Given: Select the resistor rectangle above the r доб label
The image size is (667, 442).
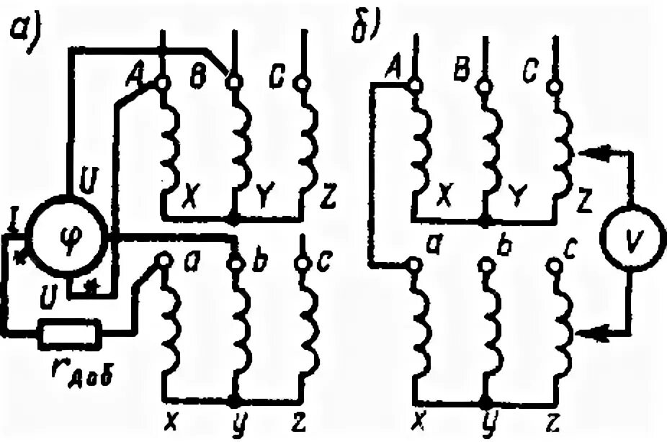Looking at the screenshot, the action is tap(70, 333).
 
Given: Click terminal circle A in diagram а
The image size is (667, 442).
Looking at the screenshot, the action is tap(163, 84).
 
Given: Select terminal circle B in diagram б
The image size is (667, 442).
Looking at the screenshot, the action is tap(484, 87).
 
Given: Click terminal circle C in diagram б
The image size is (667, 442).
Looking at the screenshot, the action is tap(553, 87).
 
